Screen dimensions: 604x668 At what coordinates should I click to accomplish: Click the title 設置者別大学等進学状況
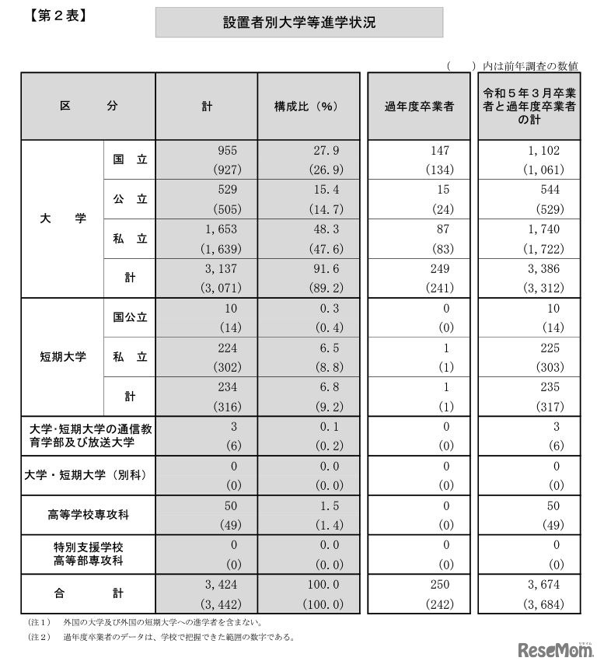click(299, 23)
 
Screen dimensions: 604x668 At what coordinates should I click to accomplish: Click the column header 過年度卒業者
click(420, 107)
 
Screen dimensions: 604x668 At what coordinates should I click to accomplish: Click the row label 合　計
click(89, 593)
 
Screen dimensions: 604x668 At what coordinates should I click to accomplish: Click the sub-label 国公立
click(130, 317)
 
